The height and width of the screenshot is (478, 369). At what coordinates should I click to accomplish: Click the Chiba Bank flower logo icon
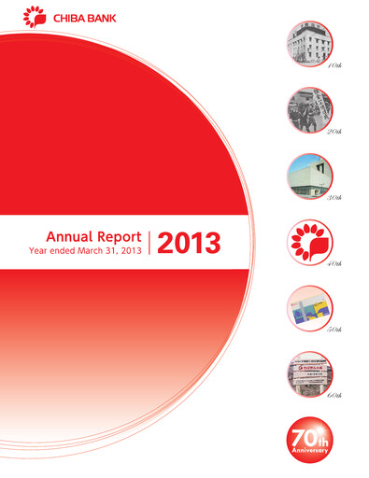pyautogui.click(x=32, y=17)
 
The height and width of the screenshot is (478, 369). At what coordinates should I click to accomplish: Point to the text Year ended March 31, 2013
pyautogui.click(x=86, y=251)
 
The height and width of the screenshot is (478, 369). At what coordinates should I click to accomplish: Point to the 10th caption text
pyautogui.click(x=330, y=68)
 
